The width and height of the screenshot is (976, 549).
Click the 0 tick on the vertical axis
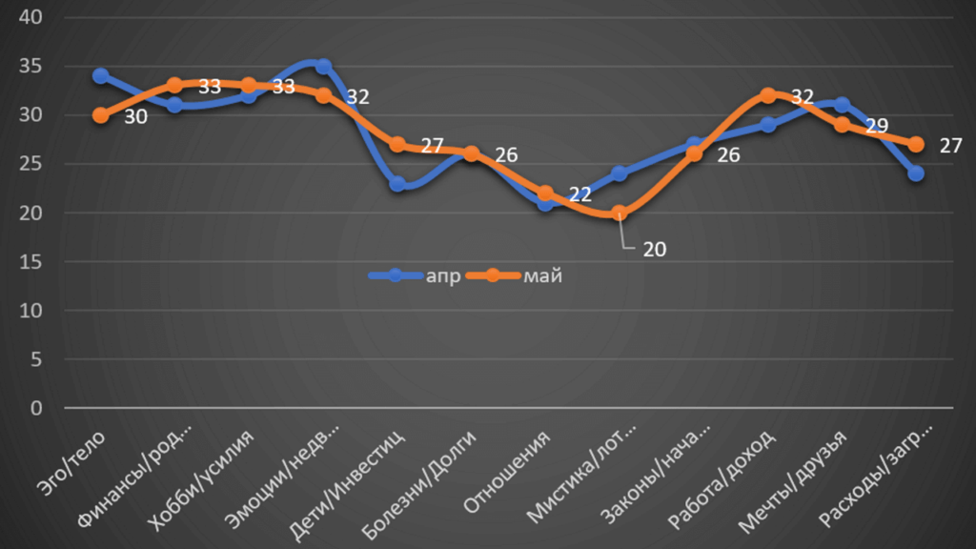pos(36,408)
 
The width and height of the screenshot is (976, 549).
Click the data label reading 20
pos(654,250)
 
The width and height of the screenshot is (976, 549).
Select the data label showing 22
pos(579,194)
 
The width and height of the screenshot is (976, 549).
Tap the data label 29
pos(876,126)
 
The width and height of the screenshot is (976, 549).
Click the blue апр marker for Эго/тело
pos(101,76)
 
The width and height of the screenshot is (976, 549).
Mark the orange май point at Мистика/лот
pos(620,213)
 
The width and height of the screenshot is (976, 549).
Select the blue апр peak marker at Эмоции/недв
pos(323,67)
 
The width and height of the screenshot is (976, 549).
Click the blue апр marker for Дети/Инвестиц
pos(397,184)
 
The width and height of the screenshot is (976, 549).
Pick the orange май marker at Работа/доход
pos(768,95)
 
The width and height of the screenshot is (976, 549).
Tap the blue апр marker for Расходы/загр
pos(916,173)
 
